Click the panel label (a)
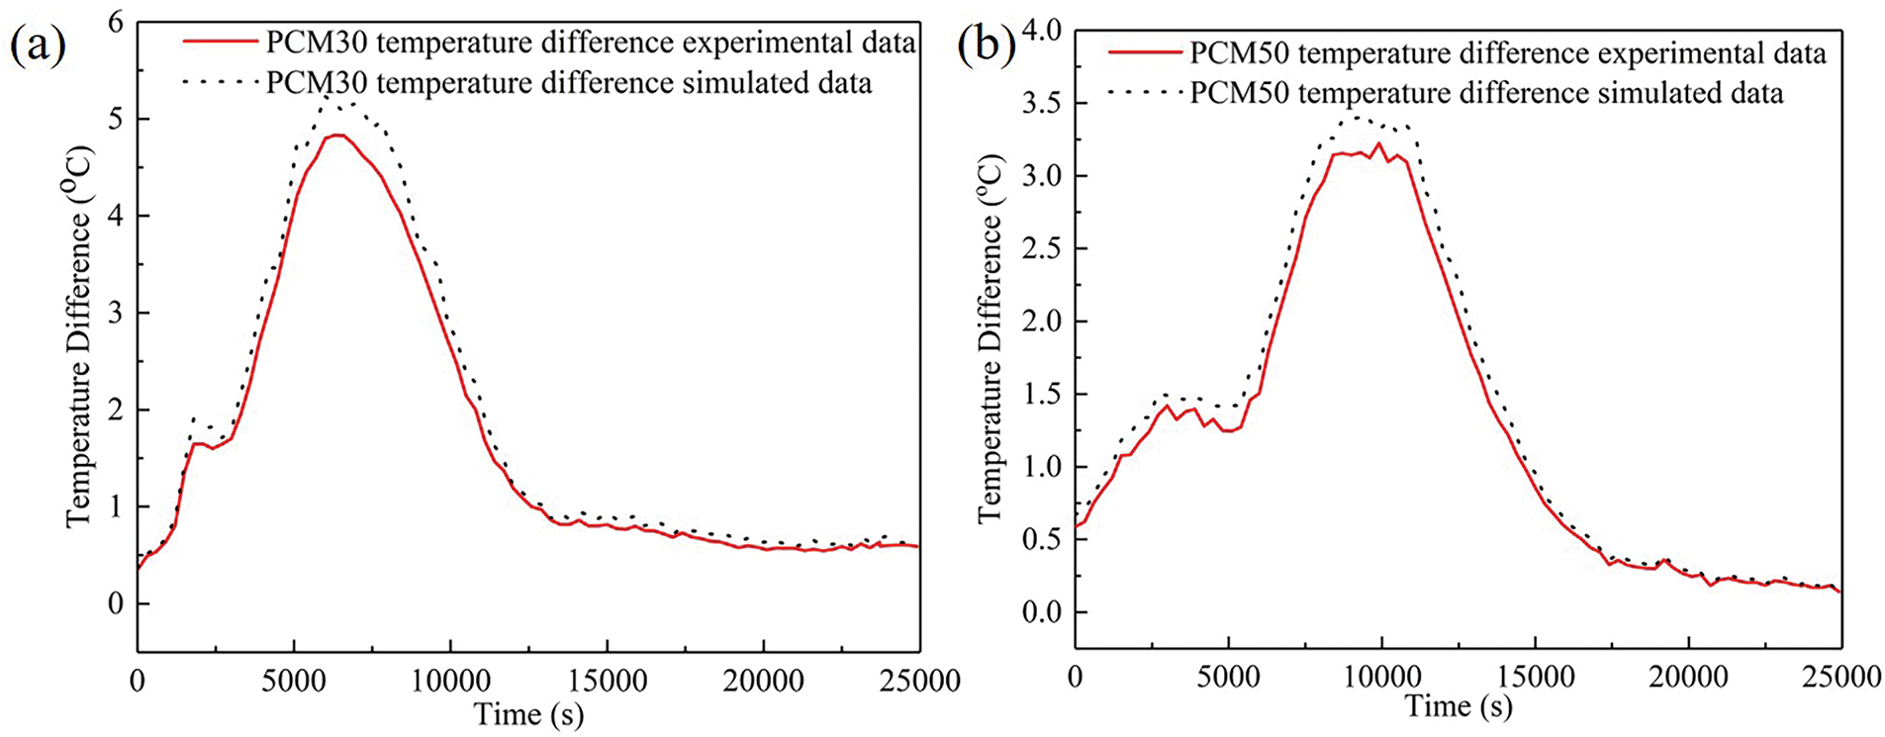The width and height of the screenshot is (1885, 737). [38, 46]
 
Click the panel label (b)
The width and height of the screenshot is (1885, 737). [987, 46]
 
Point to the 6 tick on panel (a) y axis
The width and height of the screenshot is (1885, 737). [116, 22]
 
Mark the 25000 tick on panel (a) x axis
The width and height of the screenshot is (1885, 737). [918, 681]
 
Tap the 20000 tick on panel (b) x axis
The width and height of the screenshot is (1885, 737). [1688, 677]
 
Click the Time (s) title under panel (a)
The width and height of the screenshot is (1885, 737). [528, 714]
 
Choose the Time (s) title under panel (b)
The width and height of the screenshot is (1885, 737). [1459, 706]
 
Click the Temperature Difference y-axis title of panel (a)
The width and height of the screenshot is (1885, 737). [78, 336]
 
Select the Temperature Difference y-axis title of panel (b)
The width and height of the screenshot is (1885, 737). [990, 336]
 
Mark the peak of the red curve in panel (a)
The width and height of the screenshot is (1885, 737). [336, 135]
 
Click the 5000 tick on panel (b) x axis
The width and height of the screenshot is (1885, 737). [1228, 677]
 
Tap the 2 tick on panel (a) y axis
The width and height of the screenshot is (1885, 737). [116, 410]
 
